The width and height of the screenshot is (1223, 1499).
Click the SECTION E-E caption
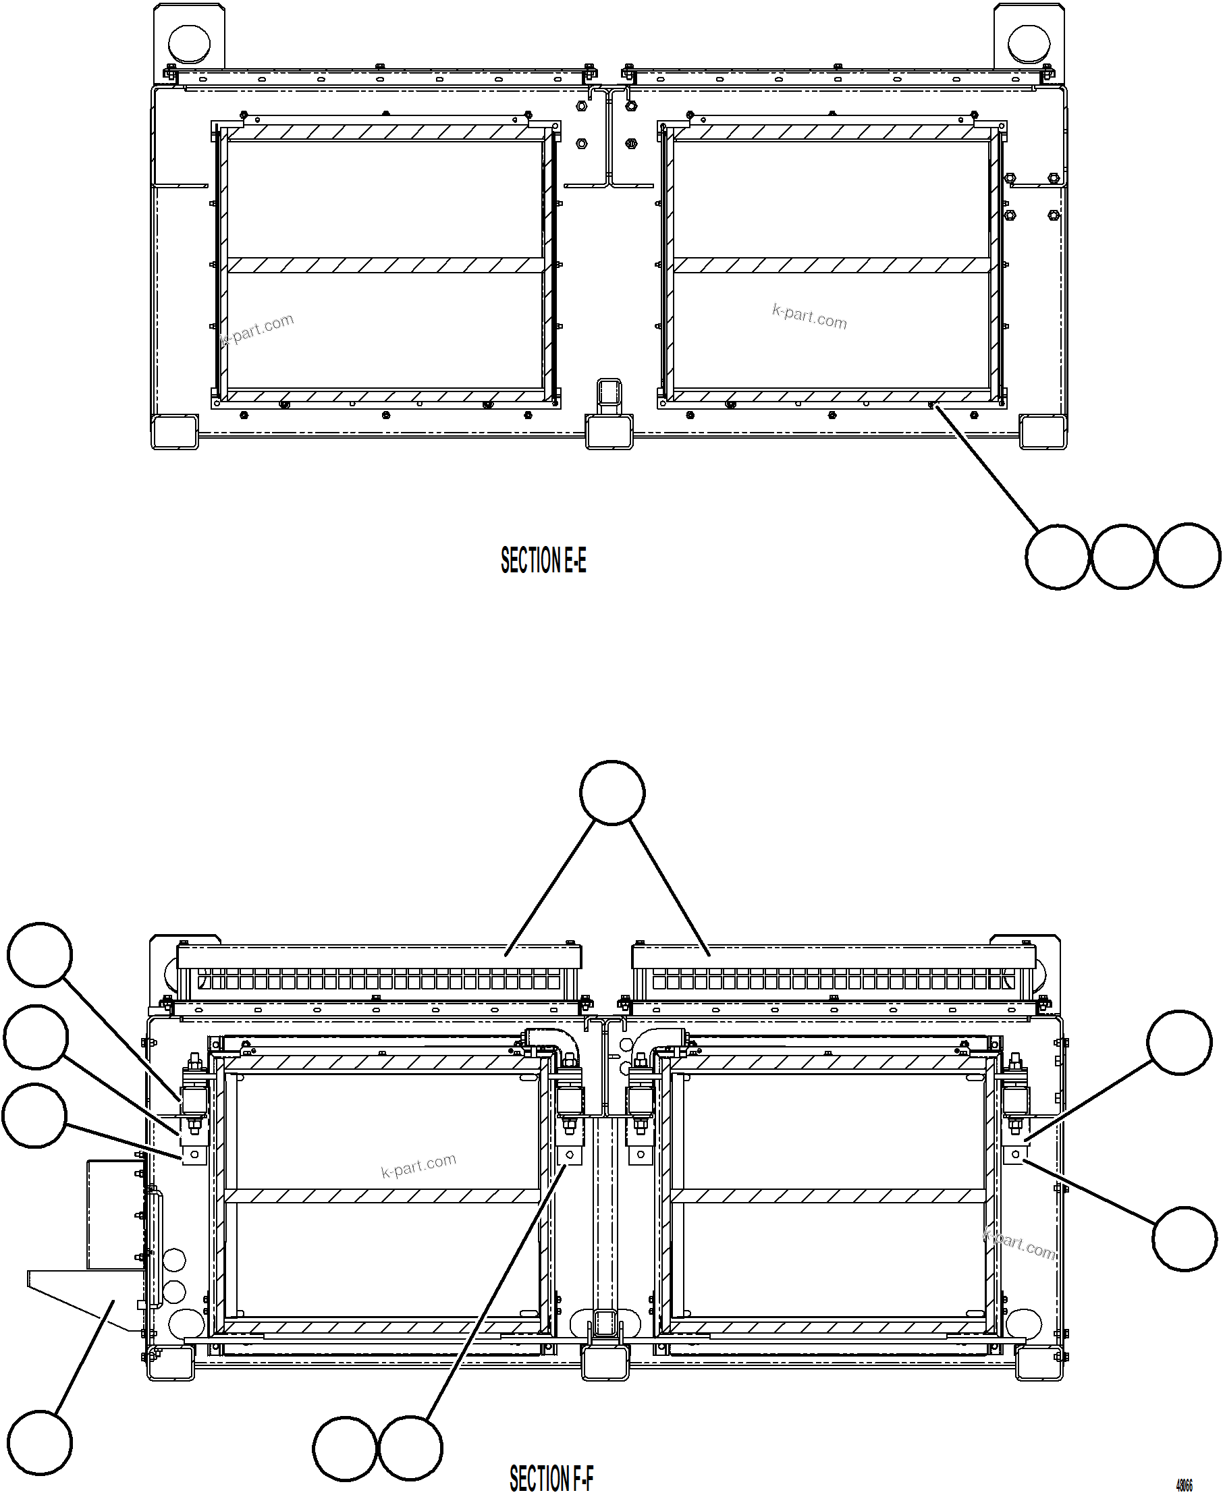coord(543,561)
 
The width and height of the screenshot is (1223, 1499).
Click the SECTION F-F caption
coord(551,1478)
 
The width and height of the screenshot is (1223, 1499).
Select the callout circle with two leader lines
coord(612,792)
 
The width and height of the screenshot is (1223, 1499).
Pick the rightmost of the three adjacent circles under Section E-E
coord(1188,555)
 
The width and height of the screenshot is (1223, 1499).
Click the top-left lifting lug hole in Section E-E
coord(190,43)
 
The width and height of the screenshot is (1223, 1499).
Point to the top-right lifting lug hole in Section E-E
coord(1029,43)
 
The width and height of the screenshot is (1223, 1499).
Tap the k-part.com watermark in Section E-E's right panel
coord(809,317)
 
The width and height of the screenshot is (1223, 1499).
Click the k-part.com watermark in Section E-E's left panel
coord(257,329)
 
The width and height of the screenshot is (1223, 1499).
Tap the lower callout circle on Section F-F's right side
coord(1185,1241)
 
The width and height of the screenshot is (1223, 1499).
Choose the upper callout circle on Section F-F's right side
coord(1179,1043)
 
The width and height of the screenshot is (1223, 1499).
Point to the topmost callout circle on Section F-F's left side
coord(40,954)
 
